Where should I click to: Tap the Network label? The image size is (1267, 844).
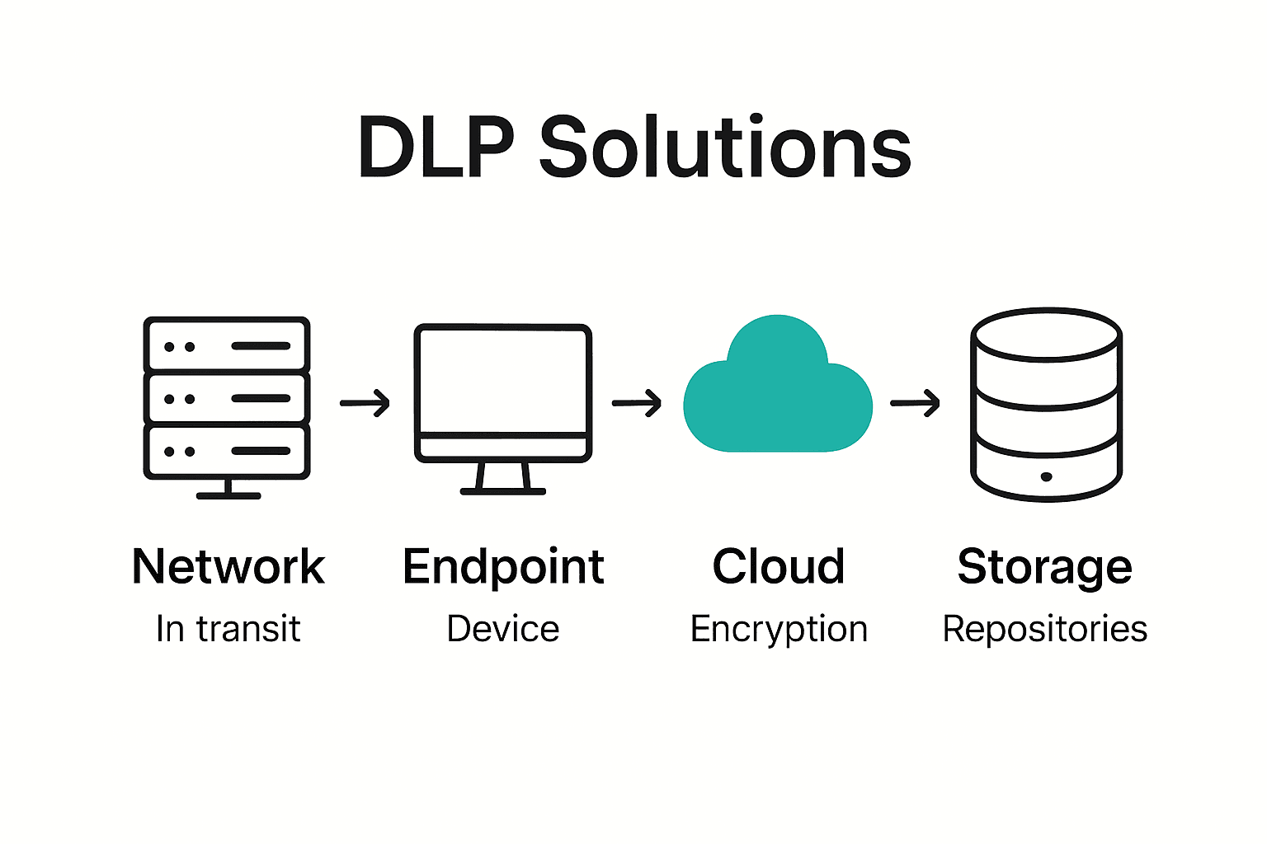tap(228, 567)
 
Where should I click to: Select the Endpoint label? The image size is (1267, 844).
tap(503, 567)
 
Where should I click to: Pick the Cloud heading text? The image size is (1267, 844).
tap(778, 567)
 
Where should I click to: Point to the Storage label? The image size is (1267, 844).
tap(1044, 567)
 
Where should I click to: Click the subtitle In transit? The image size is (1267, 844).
tap(228, 630)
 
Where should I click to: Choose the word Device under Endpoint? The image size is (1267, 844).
tap(502, 630)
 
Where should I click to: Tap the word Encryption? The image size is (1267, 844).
tap(779, 630)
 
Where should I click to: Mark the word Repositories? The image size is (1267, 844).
tap(1044, 630)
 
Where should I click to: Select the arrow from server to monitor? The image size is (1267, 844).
tap(365, 403)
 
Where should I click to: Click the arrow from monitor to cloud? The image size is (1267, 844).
tap(637, 403)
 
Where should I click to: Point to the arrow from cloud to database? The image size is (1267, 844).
tap(915, 403)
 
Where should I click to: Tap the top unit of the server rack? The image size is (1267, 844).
tap(227, 345)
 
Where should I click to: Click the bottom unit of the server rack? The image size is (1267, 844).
tap(227, 451)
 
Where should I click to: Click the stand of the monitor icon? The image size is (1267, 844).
tap(502, 478)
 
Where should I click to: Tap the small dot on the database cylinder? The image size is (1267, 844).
tap(1046, 476)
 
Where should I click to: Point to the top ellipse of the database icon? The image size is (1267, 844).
tap(1046, 335)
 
